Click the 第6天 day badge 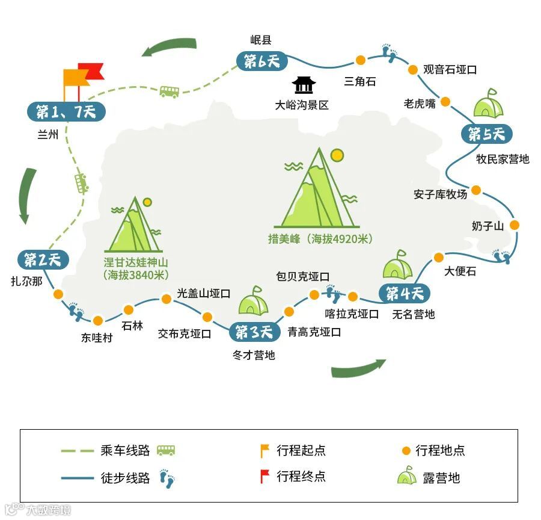point(261,61)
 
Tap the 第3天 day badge point(254,332)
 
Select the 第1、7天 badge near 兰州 point(66,111)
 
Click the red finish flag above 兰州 point(90,73)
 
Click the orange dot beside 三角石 point(360,60)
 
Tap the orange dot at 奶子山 point(515,224)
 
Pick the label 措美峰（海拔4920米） point(320,239)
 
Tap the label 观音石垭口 point(450,70)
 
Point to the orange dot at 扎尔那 point(58,294)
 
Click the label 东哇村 point(97,338)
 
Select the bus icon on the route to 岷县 point(169,91)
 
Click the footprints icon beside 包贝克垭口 point(332,294)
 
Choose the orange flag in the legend point(263,450)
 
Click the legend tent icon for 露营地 point(407,476)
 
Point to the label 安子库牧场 point(440,194)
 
